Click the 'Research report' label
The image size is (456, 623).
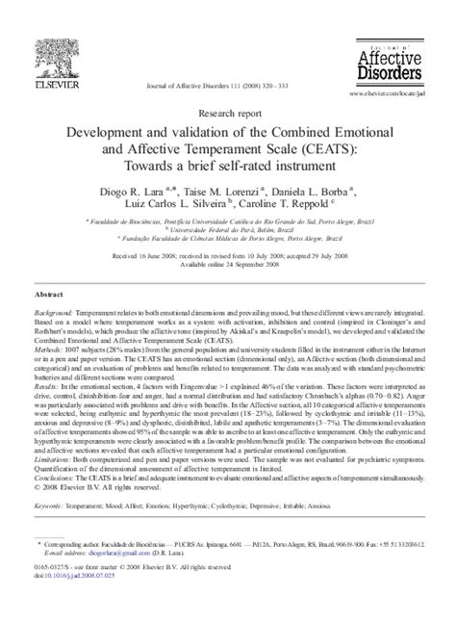coord(228,110)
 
